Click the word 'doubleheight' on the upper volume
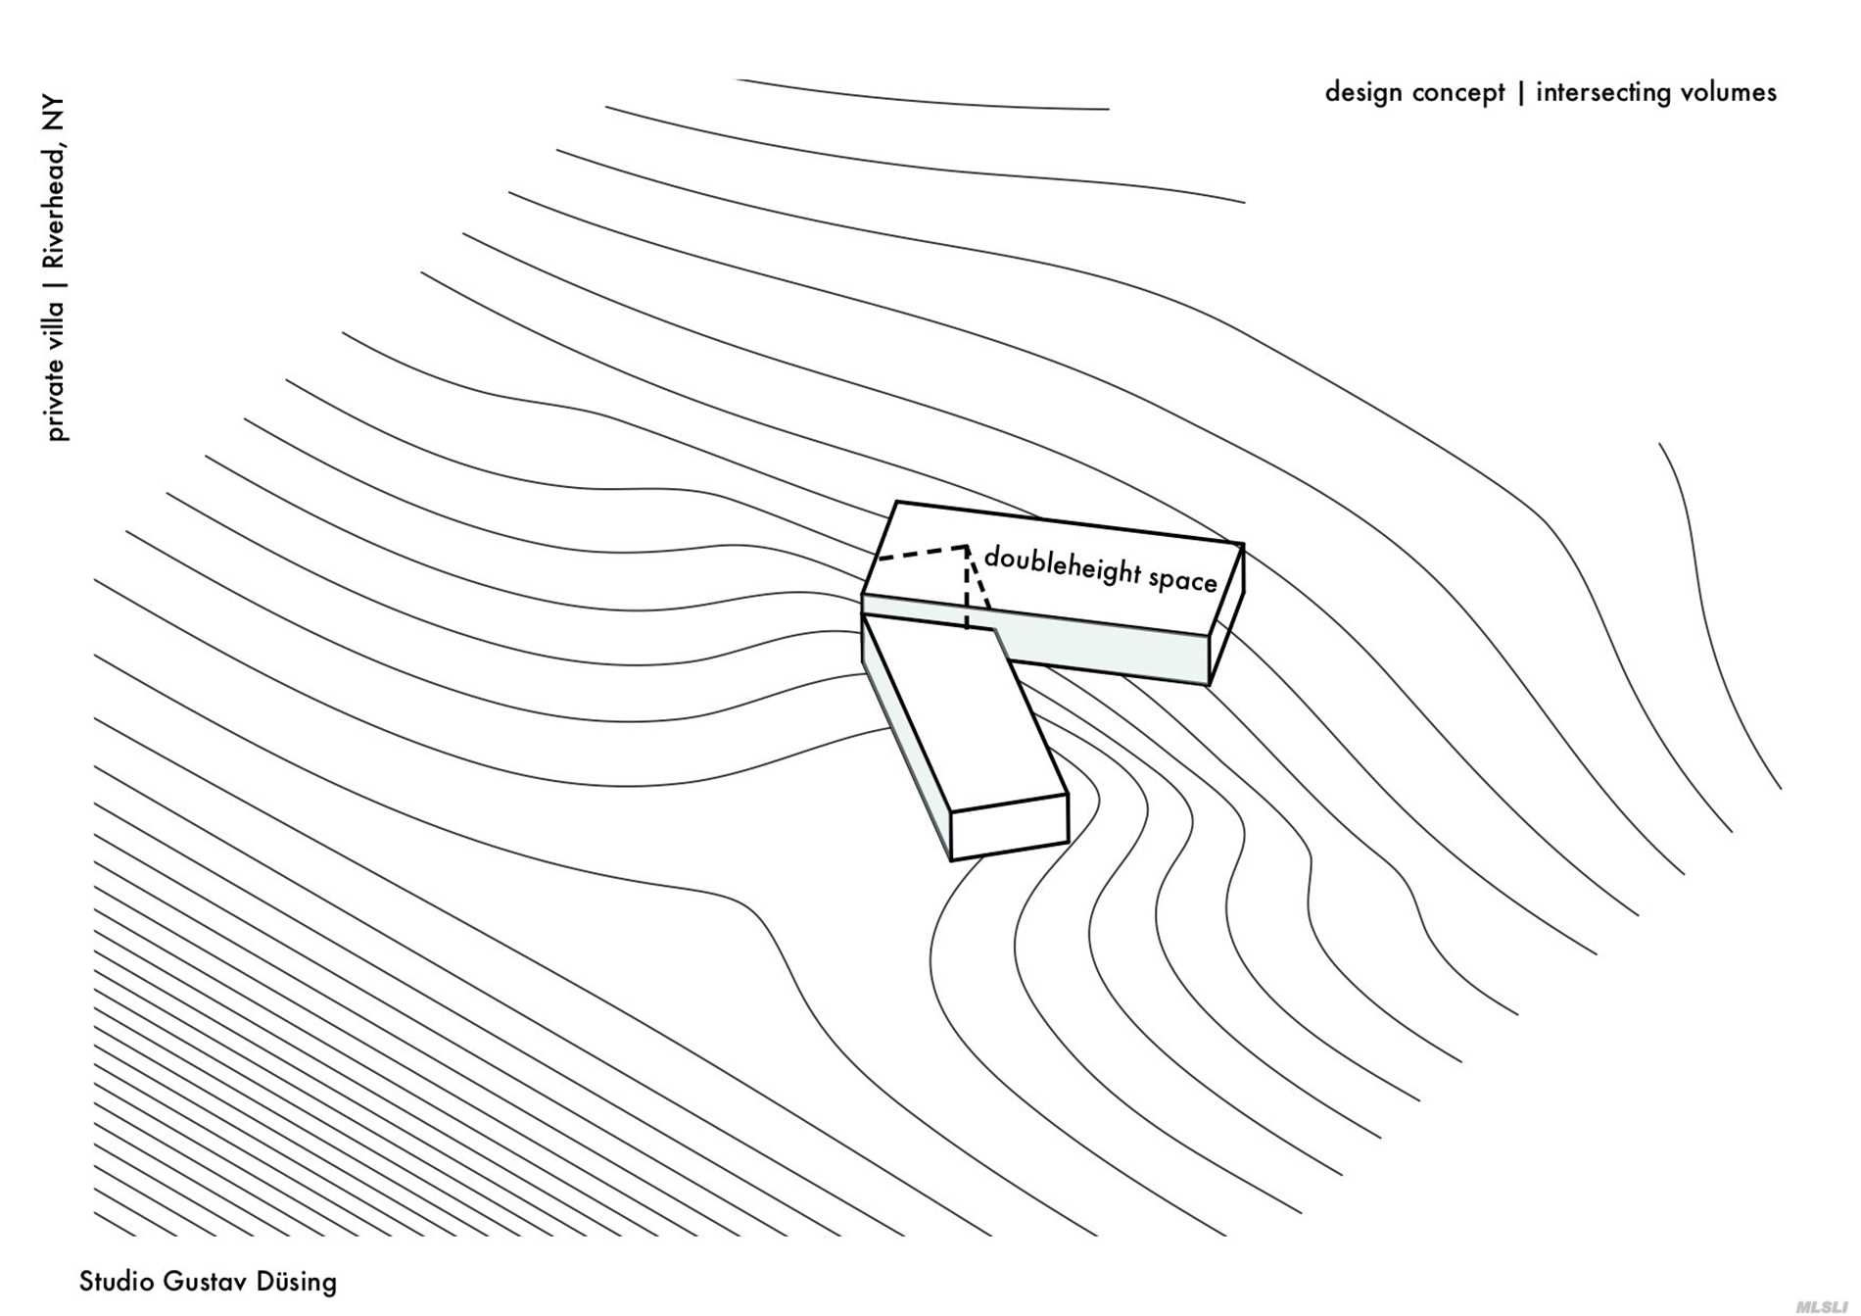pos(1062,565)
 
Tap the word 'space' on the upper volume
pos(1182,580)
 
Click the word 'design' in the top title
pos(1363,92)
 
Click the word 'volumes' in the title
pos(1728,92)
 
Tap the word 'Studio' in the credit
pos(116,1282)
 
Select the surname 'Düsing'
pos(296,1282)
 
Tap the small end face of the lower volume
pos(1009,827)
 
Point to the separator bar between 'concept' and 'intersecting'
pos(1520,93)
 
